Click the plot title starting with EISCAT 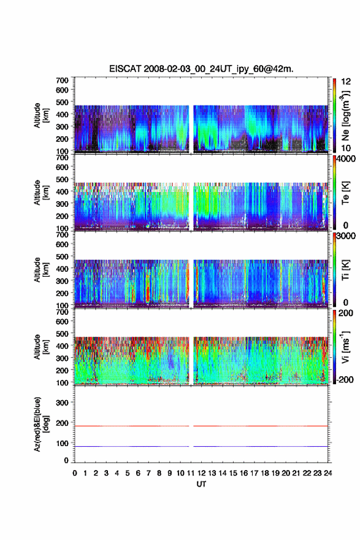click(x=201, y=69)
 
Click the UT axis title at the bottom click(x=201, y=484)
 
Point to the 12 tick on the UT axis click(x=201, y=473)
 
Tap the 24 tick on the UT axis click(x=328, y=473)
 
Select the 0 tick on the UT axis click(x=75, y=473)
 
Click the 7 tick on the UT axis click(x=148, y=473)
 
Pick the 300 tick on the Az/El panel click(x=62, y=403)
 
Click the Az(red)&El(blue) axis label click(x=41, y=424)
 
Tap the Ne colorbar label click(x=345, y=115)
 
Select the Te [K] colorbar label click(x=345, y=193)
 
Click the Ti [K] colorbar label click(x=345, y=269)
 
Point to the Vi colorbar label click(x=345, y=347)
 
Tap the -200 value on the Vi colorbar click(x=344, y=379)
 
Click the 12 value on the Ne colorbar click(x=346, y=82)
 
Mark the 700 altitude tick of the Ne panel click(x=62, y=80)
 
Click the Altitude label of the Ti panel click(x=41, y=269)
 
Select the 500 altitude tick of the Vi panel click(x=62, y=333)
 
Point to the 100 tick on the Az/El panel click(x=62, y=443)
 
